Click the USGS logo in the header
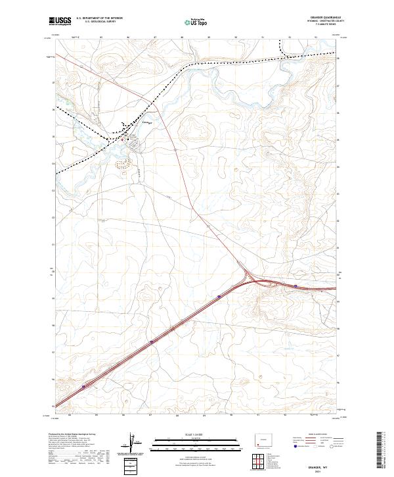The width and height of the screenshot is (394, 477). pyautogui.click(x=60, y=22)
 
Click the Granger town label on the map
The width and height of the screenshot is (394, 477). pyautogui.click(x=147, y=122)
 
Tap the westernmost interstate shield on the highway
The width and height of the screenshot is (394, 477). pyautogui.click(x=83, y=388)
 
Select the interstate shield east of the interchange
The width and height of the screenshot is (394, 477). pyautogui.click(x=296, y=286)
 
